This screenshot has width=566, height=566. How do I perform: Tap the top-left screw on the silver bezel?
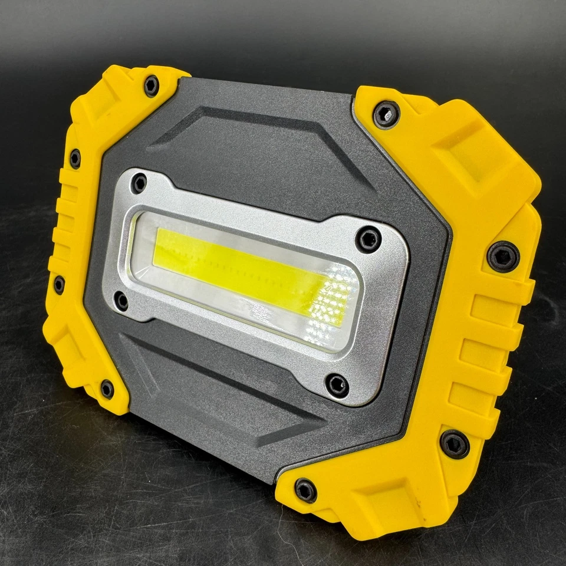click(x=139, y=183)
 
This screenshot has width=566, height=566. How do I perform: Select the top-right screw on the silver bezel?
click(x=368, y=239)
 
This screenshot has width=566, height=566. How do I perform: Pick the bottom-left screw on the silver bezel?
click(x=122, y=301)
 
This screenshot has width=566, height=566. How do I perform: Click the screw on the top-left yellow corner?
click(x=152, y=86)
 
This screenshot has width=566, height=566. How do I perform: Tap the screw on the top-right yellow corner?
click(x=386, y=114)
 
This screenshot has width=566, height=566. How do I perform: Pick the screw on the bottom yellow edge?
click(x=305, y=490)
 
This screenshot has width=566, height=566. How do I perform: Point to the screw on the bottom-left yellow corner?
click(x=107, y=389)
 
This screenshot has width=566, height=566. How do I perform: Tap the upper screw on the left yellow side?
click(x=75, y=159)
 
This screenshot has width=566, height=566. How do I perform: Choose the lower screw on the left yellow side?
click(x=59, y=284)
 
